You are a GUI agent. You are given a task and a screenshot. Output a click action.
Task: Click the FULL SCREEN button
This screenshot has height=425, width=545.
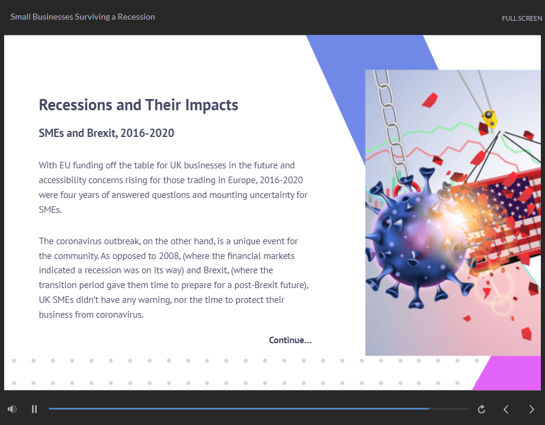(522, 18)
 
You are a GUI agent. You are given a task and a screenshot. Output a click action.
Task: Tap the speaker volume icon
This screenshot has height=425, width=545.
(12, 409)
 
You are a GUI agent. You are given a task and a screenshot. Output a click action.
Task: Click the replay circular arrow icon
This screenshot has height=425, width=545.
(482, 410)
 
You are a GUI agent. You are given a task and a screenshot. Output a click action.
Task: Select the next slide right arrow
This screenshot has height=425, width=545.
(531, 410)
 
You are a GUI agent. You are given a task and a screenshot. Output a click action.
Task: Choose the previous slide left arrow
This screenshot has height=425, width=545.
(506, 410)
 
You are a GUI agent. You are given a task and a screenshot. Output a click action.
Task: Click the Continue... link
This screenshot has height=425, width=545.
(290, 340)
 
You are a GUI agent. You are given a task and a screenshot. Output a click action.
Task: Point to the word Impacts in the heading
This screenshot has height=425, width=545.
(211, 106)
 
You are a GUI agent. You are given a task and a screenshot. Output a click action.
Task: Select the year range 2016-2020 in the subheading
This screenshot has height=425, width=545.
(148, 133)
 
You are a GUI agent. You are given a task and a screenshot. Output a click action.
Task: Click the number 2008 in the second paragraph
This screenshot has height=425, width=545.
(169, 256)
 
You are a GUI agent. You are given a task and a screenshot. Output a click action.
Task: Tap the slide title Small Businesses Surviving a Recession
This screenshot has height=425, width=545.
(83, 17)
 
